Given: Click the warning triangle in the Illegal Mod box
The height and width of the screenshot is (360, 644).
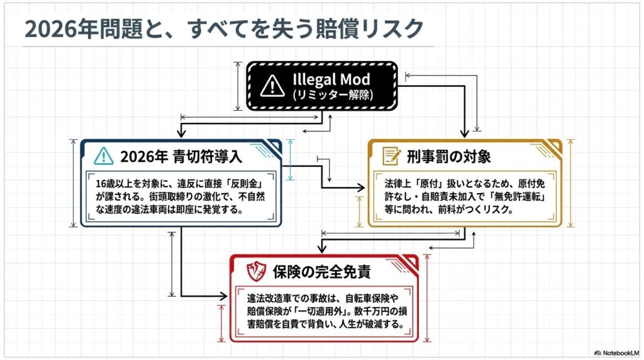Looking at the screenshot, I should (x=272, y=85).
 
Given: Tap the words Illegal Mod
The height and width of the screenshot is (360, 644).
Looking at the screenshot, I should (x=331, y=80).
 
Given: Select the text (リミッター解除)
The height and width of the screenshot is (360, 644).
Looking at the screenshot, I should (x=331, y=96).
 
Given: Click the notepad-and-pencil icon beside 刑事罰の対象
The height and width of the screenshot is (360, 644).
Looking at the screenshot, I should (x=392, y=155).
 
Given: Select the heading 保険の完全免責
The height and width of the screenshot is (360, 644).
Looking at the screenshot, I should (x=321, y=273).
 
